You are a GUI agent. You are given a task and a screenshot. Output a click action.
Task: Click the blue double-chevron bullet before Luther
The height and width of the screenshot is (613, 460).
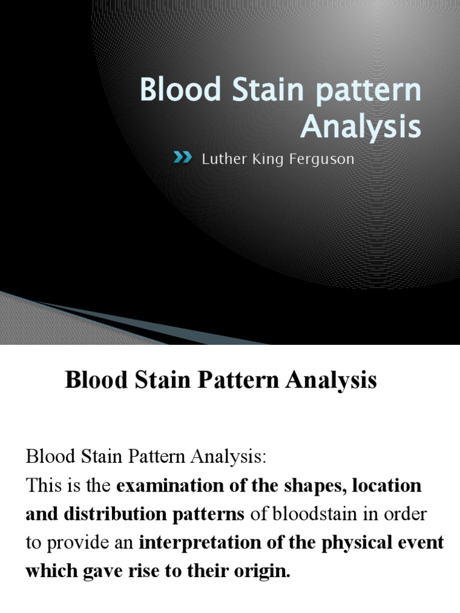click(x=183, y=158)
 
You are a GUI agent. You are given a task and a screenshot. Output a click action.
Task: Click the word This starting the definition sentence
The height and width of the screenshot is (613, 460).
click(x=43, y=486)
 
